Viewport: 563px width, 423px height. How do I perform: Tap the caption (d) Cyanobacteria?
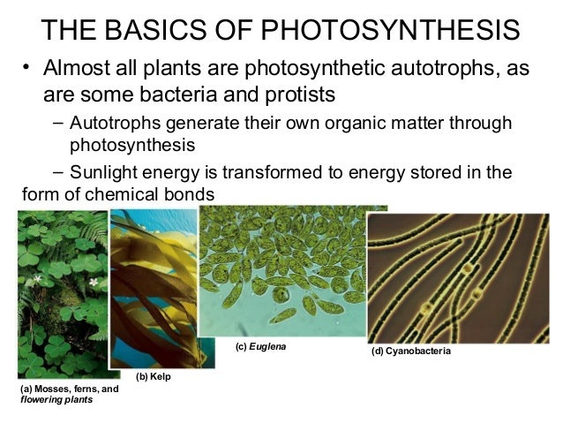click(x=411, y=351)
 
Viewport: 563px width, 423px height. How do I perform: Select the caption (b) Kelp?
click(x=152, y=378)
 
